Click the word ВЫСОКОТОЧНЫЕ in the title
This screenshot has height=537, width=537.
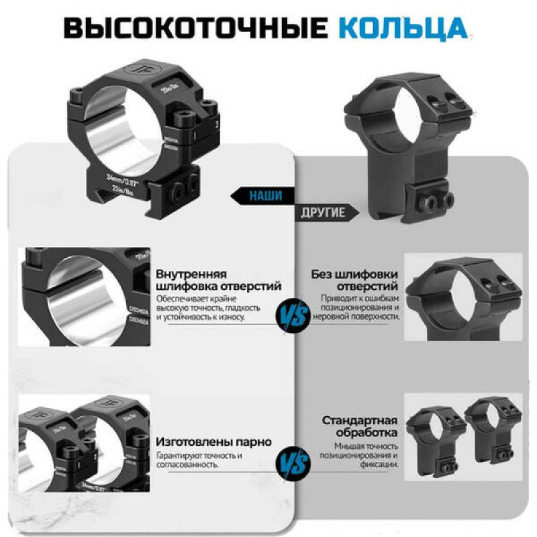pos(195,28)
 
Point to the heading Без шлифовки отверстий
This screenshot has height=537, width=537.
pos(354,280)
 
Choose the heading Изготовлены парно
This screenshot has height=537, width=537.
pos(214,442)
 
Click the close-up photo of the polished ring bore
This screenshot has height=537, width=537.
pos(84,296)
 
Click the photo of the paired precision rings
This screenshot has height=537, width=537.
pos(84,442)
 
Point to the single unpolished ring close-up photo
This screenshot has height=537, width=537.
pos(463,297)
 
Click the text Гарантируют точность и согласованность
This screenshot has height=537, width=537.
pos(199,460)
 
